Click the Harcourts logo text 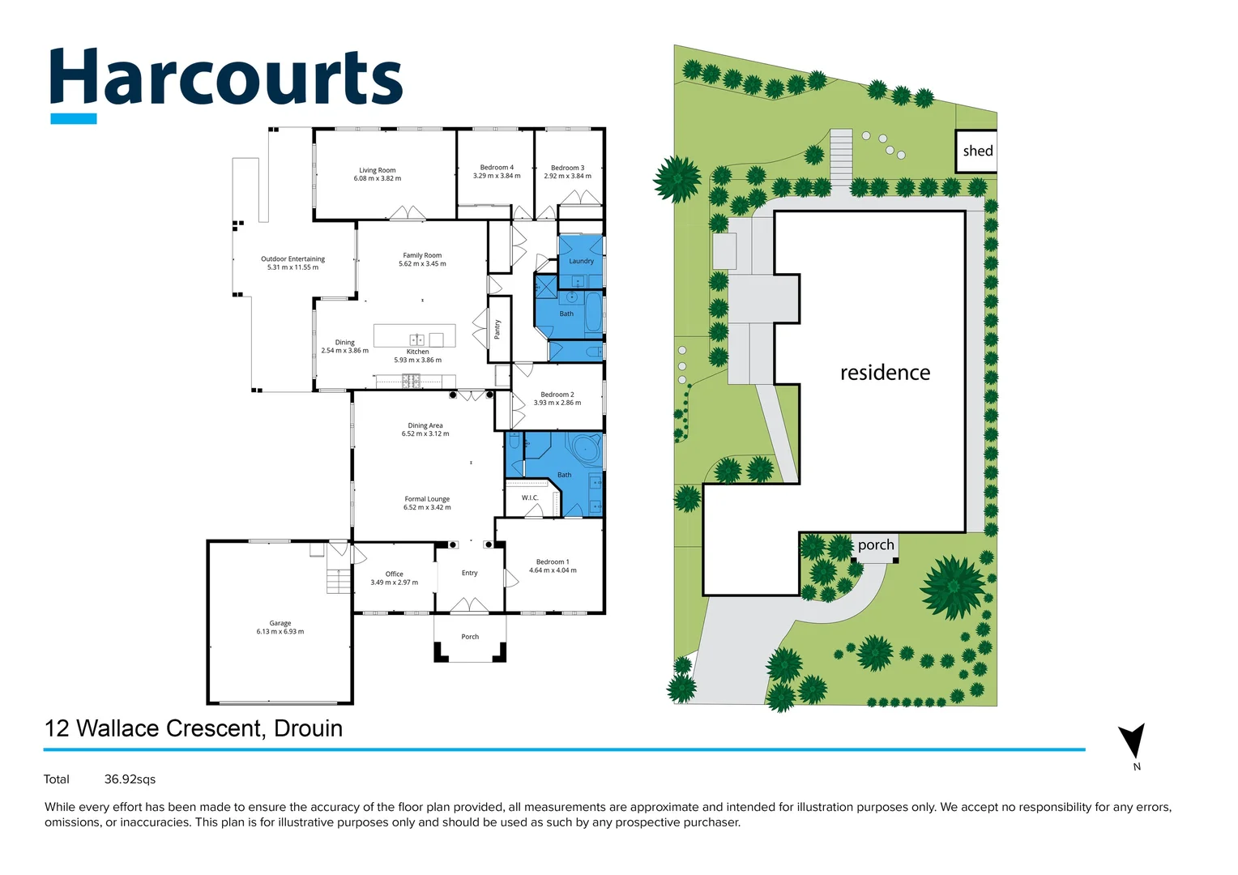pyautogui.click(x=226, y=79)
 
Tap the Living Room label pyautogui.click(x=378, y=171)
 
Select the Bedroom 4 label pyautogui.click(x=497, y=168)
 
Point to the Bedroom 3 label pyautogui.click(x=567, y=169)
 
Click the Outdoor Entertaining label pyautogui.click(x=292, y=259)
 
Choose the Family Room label pyautogui.click(x=422, y=255)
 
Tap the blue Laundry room pyautogui.click(x=581, y=261)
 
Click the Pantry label pyautogui.click(x=497, y=329)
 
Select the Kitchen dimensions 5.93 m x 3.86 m pyautogui.click(x=417, y=361)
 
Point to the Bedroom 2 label pyautogui.click(x=557, y=395)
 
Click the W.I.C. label pyautogui.click(x=530, y=498)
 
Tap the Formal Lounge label pyautogui.click(x=427, y=499)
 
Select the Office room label pyautogui.click(x=395, y=574)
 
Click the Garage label pyautogui.click(x=280, y=623)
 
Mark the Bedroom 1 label pyautogui.click(x=553, y=561)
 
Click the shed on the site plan pyautogui.click(x=976, y=151)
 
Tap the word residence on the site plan pyautogui.click(x=885, y=373)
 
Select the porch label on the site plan pyautogui.click(x=876, y=545)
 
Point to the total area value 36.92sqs pyautogui.click(x=130, y=779)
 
